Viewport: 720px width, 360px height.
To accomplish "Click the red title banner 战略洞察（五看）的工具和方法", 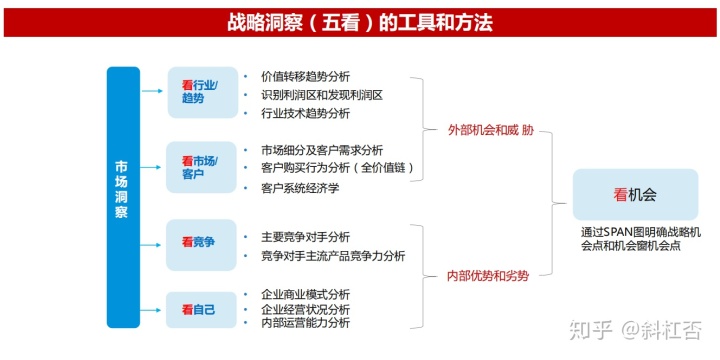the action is tap(360, 21).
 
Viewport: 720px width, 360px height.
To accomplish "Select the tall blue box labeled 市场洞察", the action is tap(123, 196).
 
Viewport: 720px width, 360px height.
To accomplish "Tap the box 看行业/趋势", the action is tap(201, 91).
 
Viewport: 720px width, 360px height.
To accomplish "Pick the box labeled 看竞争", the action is tap(201, 242).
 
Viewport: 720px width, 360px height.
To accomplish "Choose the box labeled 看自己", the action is tap(201, 309).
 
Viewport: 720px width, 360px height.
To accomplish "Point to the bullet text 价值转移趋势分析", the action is tap(305, 76).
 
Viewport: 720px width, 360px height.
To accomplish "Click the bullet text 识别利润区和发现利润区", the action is tap(322, 95).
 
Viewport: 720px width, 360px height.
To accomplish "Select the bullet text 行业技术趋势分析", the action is tap(305, 114).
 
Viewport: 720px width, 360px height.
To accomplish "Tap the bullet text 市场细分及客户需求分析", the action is tap(322, 150).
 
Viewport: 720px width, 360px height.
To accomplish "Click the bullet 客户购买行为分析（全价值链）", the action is tap(337, 168).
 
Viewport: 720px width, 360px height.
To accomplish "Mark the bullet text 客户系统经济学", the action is tap(299, 188).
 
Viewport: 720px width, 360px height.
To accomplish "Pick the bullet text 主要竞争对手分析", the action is tap(305, 237).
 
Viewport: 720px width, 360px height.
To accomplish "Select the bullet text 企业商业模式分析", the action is tap(305, 294).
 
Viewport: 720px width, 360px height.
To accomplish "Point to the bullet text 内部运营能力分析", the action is tap(305, 323).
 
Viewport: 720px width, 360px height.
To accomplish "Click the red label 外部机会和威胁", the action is tap(484, 130).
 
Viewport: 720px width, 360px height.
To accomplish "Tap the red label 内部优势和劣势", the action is tap(487, 275).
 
